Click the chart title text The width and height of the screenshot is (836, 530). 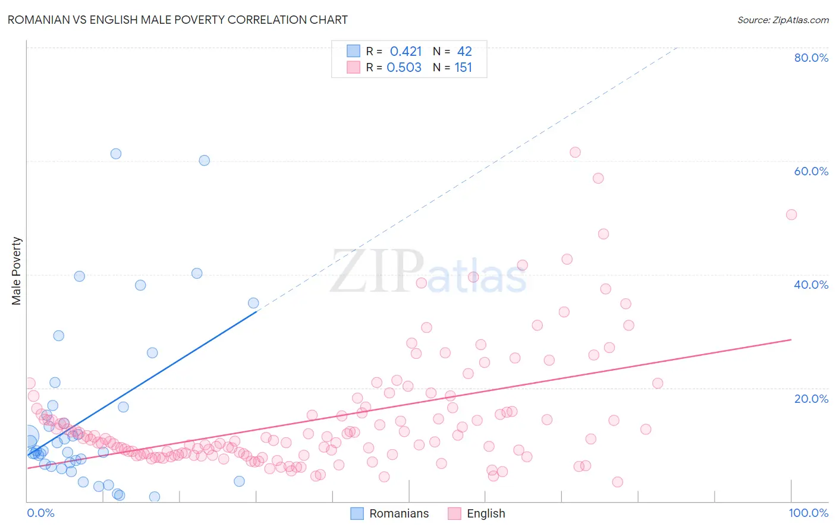[177, 20]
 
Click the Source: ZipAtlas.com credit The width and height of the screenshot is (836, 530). [782, 20]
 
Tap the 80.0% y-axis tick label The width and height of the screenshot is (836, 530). [810, 58]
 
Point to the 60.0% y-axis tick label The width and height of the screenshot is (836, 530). [810, 171]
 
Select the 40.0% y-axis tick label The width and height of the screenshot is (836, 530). [810, 285]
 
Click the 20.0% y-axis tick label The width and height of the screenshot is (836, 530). [810, 399]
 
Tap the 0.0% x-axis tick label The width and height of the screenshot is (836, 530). [40, 513]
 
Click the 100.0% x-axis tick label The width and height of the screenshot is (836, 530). [808, 513]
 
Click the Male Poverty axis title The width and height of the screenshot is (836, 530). [17, 271]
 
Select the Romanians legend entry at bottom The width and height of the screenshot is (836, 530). [389, 513]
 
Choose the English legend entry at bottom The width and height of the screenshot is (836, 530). [477, 513]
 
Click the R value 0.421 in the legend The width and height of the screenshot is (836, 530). [406, 52]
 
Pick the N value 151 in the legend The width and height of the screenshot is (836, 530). [463, 68]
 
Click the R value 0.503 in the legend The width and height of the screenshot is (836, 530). [404, 68]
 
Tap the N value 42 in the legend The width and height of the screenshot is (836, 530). [464, 52]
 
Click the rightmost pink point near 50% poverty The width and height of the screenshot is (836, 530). [791, 214]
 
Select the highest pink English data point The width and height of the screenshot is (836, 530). [575, 152]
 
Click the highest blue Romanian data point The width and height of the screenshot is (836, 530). [116, 154]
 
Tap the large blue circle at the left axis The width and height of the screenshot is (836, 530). [27, 437]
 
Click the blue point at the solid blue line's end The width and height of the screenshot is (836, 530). [253, 303]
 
